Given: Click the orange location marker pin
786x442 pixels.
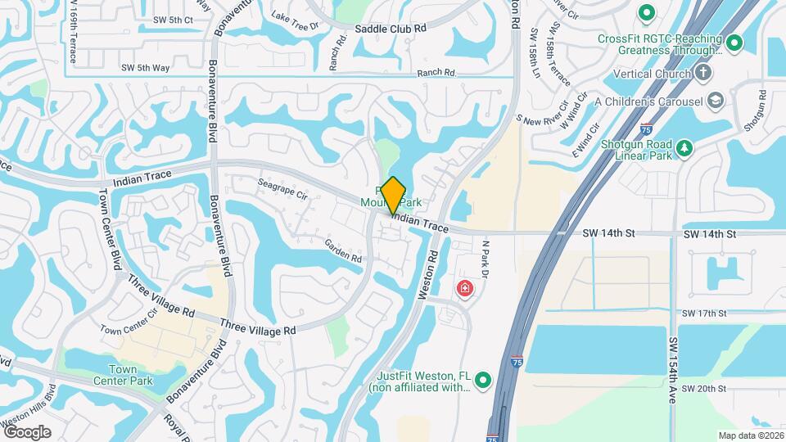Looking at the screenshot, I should click(394, 195).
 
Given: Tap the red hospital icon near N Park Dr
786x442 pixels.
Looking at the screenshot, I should click(464, 289).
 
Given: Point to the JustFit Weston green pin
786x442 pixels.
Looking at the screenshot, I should click(483, 381).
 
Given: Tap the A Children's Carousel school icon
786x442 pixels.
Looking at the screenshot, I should click(716, 101).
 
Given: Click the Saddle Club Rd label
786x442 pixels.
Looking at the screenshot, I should click(391, 28).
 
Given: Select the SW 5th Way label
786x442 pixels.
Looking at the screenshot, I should click(145, 68).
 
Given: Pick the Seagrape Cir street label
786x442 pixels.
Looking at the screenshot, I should click(282, 190).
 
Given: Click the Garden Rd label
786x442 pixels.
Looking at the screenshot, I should click(342, 250).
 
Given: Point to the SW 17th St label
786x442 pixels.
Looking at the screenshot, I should click(703, 313).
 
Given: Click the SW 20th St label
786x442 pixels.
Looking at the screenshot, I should click(703, 388).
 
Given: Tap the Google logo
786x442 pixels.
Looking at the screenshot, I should click(27, 431).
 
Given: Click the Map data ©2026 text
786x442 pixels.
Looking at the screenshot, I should click(750, 435).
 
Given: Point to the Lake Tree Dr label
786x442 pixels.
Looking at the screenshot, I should click(294, 20).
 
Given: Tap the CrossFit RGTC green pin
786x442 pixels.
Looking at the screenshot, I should click(734, 43).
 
